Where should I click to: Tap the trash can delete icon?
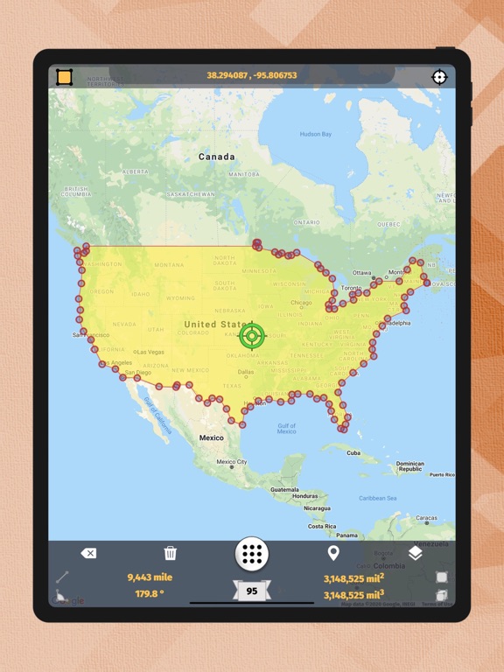pos(171,553)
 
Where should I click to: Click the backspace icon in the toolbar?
pos(88,553)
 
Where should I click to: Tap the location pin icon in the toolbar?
pos(332,553)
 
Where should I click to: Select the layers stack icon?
pos(415,553)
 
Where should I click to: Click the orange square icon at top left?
pos(64,77)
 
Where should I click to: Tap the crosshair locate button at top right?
pos(439,77)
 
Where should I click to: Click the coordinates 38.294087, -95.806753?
pos(251,75)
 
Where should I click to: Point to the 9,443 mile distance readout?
pos(150,577)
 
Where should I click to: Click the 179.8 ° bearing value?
pos(150,593)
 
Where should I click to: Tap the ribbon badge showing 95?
pos(251,591)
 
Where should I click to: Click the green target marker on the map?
pos(252,334)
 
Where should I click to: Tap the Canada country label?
pos(216,157)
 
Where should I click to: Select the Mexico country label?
pos(211,437)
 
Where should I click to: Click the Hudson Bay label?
pos(316,135)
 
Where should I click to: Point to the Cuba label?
pos(353,453)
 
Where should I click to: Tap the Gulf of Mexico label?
pos(286,429)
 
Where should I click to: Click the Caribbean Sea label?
pos(378,499)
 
